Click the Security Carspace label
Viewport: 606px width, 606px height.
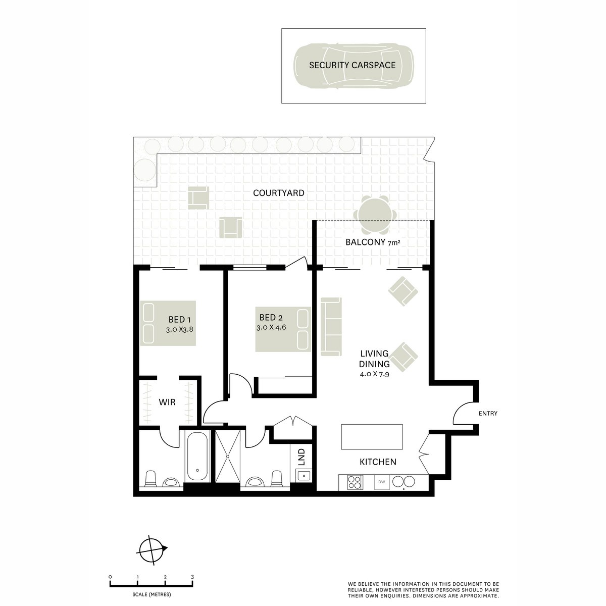[x=352, y=65]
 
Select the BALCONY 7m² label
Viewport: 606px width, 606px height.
[x=373, y=242]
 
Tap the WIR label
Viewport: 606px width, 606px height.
[x=167, y=402]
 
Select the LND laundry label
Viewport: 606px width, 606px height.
[x=302, y=457]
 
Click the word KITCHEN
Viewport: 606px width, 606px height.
[x=378, y=462]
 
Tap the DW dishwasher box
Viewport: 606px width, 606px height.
[x=382, y=482]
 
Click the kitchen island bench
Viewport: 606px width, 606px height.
[x=372, y=437]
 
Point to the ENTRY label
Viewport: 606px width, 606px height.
[x=488, y=414]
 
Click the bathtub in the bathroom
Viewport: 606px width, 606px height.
[x=196, y=457]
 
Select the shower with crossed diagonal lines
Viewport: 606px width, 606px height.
[x=228, y=456]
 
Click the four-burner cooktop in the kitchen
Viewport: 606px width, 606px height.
[x=355, y=482]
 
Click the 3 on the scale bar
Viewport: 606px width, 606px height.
[x=192, y=576]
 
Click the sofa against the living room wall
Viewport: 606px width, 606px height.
[x=331, y=326]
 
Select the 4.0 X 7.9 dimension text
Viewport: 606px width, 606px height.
[x=374, y=374]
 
